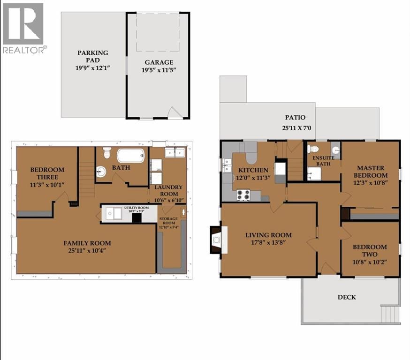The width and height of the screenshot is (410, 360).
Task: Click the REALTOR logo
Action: [x=23, y=28]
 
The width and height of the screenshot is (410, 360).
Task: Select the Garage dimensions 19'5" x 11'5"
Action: [x=159, y=70]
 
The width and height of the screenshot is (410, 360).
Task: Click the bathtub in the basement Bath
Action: [x=130, y=156]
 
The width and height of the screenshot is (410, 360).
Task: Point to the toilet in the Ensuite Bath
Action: [x=313, y=149]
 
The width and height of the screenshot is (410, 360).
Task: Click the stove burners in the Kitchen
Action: [x=243, y=195]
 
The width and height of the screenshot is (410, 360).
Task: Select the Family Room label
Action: [x=87, y=243]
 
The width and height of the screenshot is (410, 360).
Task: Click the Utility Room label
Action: [x=137, y=208]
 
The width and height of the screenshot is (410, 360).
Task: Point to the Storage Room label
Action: [x=169, y=221]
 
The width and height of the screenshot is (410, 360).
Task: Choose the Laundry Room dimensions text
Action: [x=169, y=200]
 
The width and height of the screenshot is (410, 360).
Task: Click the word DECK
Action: [x=347, y=297]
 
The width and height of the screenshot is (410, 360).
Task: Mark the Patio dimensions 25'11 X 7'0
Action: [x=297, y=128]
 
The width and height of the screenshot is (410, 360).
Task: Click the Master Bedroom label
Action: [x=371, y=172]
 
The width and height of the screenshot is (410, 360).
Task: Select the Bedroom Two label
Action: [x=370, y=250]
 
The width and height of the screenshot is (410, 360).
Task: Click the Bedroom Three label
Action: [x=47, y=173]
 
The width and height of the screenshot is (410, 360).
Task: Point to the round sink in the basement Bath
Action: [x=101, y=172]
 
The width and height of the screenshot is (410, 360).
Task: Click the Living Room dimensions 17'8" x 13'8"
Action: [x=268, y=242]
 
